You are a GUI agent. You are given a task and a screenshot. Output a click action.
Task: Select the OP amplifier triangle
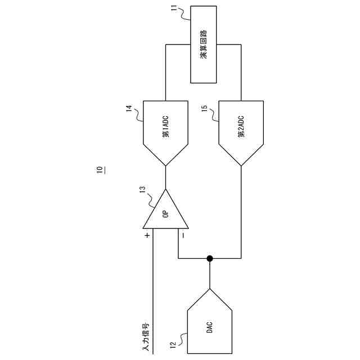click(165, 214)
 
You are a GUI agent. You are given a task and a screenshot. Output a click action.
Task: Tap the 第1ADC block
click(165, 129)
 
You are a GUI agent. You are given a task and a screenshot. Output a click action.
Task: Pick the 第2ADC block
click(241, 129)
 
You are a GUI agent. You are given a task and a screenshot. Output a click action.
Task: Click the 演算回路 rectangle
click(203, 44)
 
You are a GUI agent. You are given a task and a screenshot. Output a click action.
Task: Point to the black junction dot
click(209, 259)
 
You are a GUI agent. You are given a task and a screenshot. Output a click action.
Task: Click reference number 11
click(174, 8)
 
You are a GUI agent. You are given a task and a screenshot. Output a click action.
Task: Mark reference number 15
click(204, 107)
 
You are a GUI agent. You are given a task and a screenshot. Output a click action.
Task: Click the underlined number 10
click(100, 169)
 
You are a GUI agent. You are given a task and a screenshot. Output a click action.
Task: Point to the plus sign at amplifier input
click(147, 235)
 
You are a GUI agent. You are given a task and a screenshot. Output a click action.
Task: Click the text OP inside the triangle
click(165, 214)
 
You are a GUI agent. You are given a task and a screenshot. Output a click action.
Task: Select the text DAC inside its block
click(209, 328)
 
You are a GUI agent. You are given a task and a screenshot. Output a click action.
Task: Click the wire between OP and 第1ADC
click(165, 177)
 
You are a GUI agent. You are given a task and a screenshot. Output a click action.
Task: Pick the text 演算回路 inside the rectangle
click(203, 44)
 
